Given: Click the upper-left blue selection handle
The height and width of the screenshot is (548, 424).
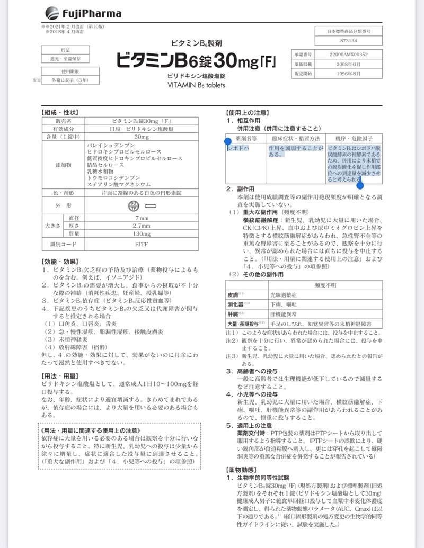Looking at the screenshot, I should pos(228,141).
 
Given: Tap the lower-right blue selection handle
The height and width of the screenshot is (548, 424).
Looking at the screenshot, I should pos(360,185).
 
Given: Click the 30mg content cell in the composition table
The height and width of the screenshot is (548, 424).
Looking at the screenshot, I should pos(142,137).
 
